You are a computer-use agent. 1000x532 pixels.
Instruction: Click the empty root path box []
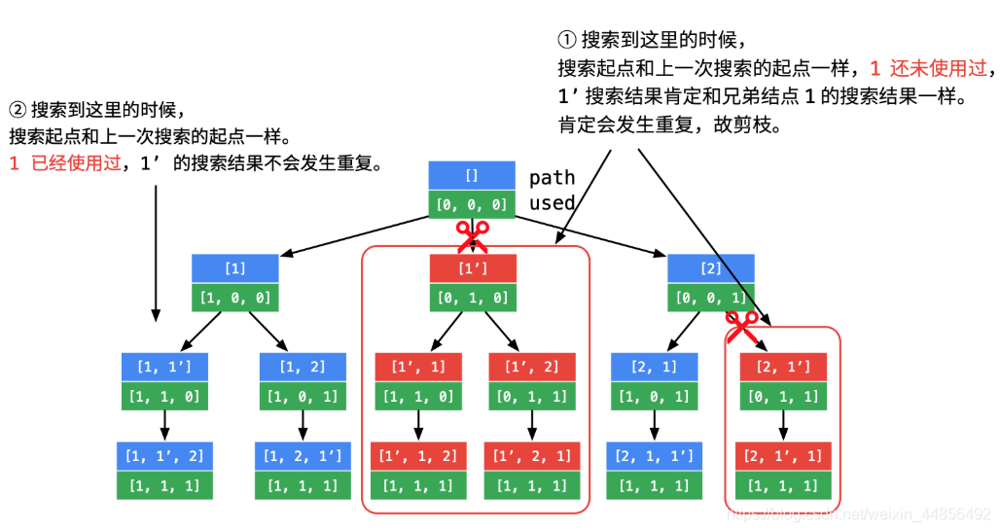point(472,176)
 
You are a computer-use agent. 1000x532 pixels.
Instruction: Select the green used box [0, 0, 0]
point(472,204)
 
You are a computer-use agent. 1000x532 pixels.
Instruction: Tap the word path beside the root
point(552,178)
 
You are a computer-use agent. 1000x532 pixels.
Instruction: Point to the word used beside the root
point(552,203)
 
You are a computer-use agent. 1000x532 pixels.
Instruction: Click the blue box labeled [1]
point(234,268)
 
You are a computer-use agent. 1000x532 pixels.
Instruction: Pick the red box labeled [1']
point(473,268)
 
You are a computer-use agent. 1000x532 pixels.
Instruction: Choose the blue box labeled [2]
point(711,268)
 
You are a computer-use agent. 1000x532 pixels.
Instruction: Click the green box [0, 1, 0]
point(473,297)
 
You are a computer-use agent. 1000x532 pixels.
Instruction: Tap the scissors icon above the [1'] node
point(473,235)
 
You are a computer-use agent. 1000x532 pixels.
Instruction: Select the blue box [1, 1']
point(164,367)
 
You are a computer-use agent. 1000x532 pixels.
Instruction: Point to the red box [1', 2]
point(531,367)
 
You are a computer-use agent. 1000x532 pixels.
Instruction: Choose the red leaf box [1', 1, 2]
point(417,456)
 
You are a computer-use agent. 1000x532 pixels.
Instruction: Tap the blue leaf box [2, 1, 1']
point(654,456)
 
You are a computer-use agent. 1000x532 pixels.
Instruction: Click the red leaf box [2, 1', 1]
point(783,456)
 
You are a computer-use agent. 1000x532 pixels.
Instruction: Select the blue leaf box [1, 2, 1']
point(303,456)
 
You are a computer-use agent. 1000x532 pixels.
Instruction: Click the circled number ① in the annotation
point(567,41)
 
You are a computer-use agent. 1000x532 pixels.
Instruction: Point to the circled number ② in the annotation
point(18,110)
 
